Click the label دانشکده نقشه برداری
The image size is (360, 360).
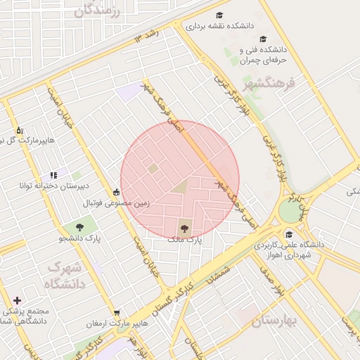[x=219, y=25]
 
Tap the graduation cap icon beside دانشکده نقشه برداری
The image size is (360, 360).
[x=219, y=15]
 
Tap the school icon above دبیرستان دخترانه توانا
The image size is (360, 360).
[x=53, y=175]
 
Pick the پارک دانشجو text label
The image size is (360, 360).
[x=79, y=238]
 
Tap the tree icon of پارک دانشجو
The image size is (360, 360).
[x=79, y=226]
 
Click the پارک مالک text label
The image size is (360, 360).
[x=184, y=239]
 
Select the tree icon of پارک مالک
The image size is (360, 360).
[x=184, y=227]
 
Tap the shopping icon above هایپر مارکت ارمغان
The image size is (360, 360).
[x=116, y=313]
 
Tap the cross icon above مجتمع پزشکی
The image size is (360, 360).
[x=17, y=300]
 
